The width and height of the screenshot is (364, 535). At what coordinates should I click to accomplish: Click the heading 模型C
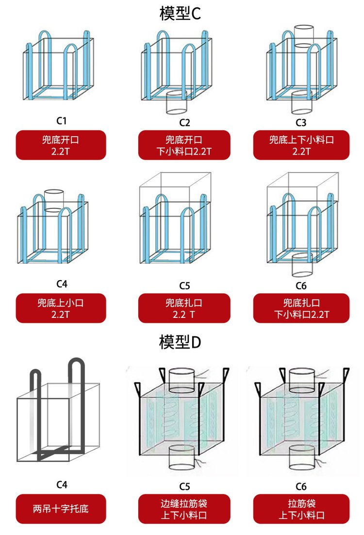click(x=180, y=13)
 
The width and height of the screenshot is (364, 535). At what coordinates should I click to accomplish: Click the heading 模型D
click(x=180, y=342)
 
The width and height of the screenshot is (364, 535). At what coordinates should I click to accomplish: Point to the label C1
click(x=62, y=121)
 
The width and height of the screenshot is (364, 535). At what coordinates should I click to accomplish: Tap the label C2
click(x=184, y=123)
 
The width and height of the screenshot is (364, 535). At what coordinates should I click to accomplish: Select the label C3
click(x=301, y=123)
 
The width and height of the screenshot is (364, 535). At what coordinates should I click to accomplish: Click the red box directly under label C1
click(x=61, y=145)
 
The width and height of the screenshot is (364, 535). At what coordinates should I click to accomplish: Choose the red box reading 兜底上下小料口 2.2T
click(x=301, y=145)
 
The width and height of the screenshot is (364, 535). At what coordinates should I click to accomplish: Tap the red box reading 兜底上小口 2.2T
click(x=61, y=308)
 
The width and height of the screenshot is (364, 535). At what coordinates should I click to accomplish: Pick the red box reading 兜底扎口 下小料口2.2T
click(x=301, y=308)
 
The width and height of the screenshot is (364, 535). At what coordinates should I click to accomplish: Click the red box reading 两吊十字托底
click(x=61, y=509)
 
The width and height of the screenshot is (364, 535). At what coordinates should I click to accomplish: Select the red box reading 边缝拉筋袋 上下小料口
click(x=184, y=509)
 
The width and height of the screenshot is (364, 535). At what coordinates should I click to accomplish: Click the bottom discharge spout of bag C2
click(x=176, y=102)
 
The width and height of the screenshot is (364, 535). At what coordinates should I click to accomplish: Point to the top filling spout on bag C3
click(x=304, y=36)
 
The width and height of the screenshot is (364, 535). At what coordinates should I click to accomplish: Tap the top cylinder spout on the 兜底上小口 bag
click(x=54, y=201)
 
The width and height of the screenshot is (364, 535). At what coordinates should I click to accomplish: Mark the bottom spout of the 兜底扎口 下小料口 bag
click(x=302, y=265)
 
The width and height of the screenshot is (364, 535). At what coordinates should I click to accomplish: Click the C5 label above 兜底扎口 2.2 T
click(x=184, y=286)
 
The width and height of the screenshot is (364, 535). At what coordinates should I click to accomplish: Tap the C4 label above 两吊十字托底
click(x=62, y=485)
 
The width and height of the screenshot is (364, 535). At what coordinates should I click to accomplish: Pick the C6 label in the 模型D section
click(x=301, y=487)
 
